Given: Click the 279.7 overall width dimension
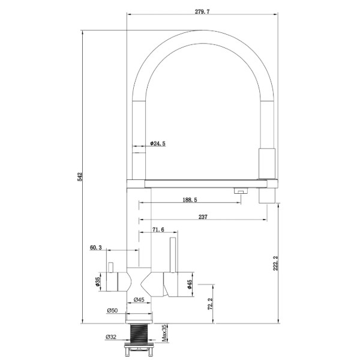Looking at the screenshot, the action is tap(202, 11).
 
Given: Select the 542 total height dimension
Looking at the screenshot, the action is tap(80, 176).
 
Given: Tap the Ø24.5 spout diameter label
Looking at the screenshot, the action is tap(158, 143).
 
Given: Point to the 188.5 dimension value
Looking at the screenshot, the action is tap(190, 200).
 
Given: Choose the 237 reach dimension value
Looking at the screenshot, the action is tap(203, 217).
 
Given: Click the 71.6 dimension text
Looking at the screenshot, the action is tap(158, 229).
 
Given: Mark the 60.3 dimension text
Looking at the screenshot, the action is tap(96, 247).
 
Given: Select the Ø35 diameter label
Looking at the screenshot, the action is tap(97, 281).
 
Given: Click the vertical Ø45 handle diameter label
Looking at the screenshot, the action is tap(189, 284).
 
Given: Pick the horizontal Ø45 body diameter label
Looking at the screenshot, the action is tap(139, 299).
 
